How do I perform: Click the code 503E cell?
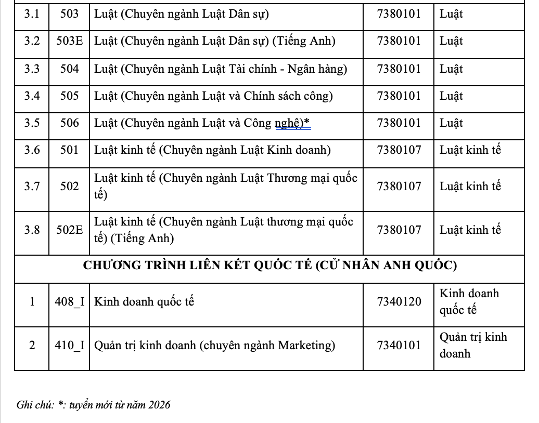[x=69, y=41]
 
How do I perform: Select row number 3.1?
[x=32, y=14]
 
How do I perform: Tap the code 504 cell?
[x=69, y=69]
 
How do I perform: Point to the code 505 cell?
[x=69, y=96]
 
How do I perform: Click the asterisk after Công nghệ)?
[x=307, y=123]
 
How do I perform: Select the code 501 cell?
[x=69, y=150]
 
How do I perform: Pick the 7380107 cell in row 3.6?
[x=399, y=150]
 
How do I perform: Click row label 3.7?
[x=32, y=186]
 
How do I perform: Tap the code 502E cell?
[x=69, y=230]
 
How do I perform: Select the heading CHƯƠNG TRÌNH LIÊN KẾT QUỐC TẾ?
[x=198, y=266]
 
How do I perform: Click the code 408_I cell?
[x=69, y=301]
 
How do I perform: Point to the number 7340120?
[x=399, y=301]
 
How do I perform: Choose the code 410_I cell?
[x=69, y=345]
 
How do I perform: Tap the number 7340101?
[x=399, y=345]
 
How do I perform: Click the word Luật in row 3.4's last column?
[x=451, y=96]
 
